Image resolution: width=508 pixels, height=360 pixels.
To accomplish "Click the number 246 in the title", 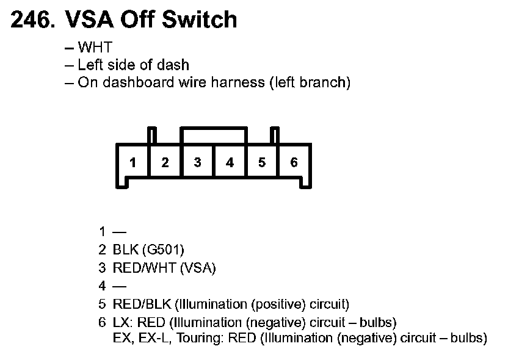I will (x=31, y=20).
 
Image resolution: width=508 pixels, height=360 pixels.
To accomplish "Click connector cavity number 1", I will (x=133, y=162).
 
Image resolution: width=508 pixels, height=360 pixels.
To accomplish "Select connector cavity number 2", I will (x=165, y=162).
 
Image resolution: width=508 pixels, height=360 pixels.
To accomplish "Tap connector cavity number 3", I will (x=198, y=162).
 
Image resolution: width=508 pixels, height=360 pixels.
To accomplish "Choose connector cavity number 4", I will (x=230, y=162).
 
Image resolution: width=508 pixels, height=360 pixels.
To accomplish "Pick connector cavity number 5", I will (x=262, y=162).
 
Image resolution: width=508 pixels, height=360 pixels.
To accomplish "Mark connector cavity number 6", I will (x=294, y=162).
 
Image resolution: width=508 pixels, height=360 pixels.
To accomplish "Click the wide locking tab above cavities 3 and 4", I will (x=214, y=135).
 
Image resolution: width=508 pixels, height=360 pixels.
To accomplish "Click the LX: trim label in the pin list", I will (x=122, y=322).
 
